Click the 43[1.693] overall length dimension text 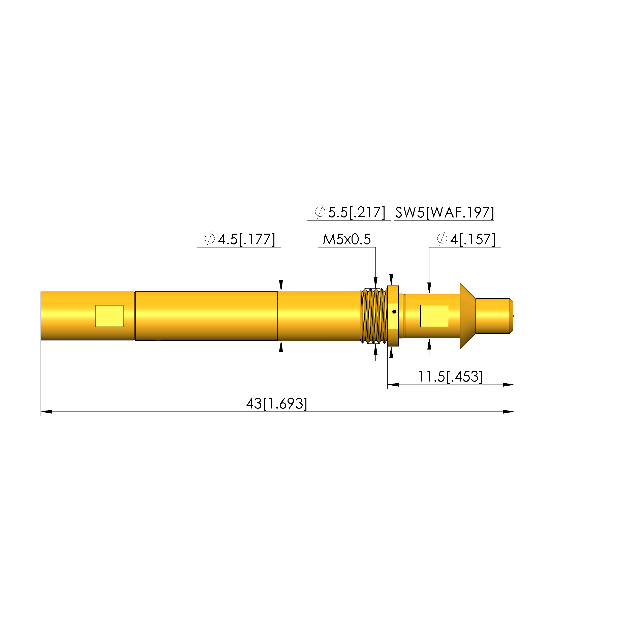click(277, 404)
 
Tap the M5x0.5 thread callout click(346, 239)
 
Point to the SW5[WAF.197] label click(445, 213)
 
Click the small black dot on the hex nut click(394, 311)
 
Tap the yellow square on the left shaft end click(109, 316)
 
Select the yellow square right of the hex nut click(434, 316)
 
